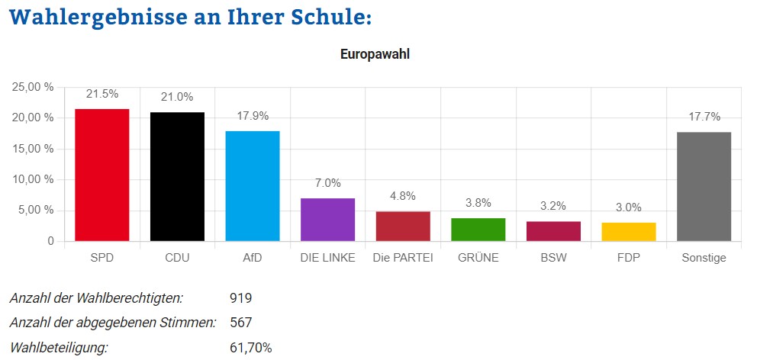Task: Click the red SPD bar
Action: (101, 175)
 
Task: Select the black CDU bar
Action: (177, 177)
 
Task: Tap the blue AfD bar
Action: (253, 186)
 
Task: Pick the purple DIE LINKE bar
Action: (327, 220)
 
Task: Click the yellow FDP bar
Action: (629, 232)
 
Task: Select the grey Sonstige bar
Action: (704, 187)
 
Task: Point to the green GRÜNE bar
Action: (478, 230)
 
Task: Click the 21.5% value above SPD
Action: (101, 94)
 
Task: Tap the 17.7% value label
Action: (704, 117)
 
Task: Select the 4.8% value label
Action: (403, 195)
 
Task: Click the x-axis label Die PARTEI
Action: (403, 258)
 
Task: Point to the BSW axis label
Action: (553, 258)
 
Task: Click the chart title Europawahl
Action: (375, 55)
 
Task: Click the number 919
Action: (240, 297)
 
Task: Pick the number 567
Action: (240, 323)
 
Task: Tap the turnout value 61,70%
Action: (250, 348)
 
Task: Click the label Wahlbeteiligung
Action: (59, 348)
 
